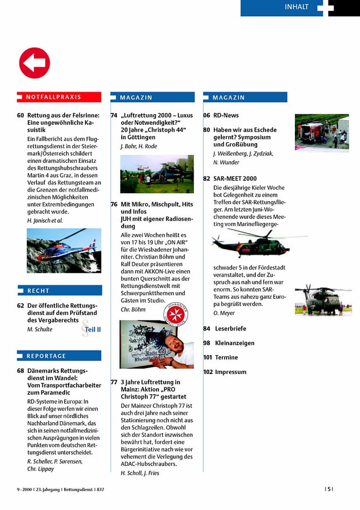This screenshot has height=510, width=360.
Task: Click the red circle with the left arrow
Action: point(34,63)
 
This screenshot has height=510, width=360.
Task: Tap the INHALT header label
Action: point(296,7)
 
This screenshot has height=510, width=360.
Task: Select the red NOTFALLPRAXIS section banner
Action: point(59,97)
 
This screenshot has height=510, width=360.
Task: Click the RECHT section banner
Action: point(59,290)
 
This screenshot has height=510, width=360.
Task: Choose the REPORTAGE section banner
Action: point(59,356)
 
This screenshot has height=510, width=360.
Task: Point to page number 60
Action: point(20,115)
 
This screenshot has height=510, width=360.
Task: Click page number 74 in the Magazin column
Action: point(114,115)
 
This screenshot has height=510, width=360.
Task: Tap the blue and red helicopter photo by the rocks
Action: point(64,250)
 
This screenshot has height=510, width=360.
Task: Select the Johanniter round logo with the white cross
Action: point(176,314)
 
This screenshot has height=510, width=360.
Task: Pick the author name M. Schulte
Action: point(40,329)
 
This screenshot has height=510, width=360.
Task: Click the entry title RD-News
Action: point(226,115)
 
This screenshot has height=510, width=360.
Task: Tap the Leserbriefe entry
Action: point(230,329)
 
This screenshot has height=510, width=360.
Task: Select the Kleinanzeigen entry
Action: point(234,343)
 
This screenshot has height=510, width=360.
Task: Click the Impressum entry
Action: point(230,372)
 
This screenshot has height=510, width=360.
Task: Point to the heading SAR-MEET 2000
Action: point(235,178)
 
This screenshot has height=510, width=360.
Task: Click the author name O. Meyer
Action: point(224,313)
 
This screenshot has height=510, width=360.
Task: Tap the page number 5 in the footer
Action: point(328,489)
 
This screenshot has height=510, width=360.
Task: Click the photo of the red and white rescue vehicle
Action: point(322,132)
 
